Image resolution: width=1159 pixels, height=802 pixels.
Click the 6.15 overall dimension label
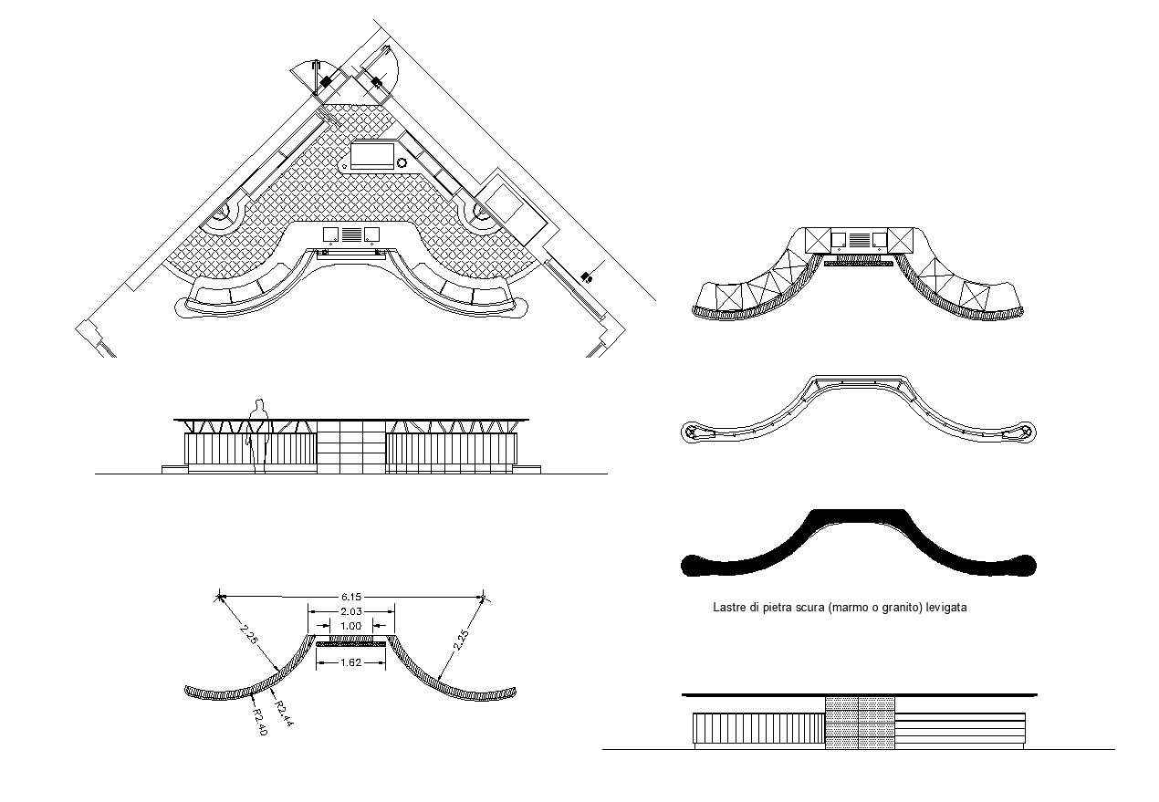point(351,597)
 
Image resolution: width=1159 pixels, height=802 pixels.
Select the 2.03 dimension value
point(351,611)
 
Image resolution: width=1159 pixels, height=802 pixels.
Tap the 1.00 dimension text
point(351,626)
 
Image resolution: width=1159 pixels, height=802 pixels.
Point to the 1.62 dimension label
point(351,662)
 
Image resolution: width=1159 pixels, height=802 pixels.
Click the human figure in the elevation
point(259,433)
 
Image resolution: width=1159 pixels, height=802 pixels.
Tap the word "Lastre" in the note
point(728,607)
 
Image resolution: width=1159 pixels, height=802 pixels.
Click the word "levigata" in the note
point(946,607)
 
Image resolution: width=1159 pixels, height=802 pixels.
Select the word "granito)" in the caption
point(899,607)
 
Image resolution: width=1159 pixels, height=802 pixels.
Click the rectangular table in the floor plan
point(372,154)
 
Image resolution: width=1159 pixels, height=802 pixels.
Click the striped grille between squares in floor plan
point(351,234)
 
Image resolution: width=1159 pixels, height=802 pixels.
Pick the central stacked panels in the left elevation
point(351,447)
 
